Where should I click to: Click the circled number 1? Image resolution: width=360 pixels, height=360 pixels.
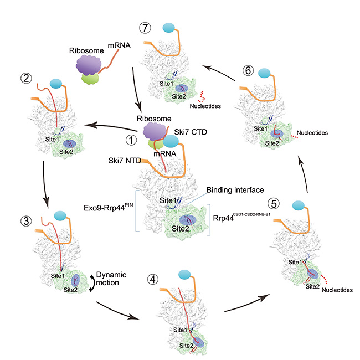coord(131,141)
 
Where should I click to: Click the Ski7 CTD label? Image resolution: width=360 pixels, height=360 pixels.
coord(192,131)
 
